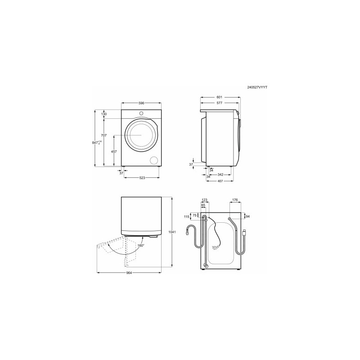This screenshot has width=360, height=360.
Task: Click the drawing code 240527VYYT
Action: (x=257, y=87)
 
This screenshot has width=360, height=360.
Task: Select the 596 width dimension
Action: (x=141, y=103)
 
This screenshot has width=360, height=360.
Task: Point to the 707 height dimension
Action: (x=104, y=135)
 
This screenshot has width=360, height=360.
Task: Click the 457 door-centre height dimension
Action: (x=114, y=152)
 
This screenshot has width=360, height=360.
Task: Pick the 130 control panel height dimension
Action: (x=104, y=114)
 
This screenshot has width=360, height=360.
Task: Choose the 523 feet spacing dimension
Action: (x=142, y=178)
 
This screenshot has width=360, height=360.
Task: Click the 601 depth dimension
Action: (x=220, y=97)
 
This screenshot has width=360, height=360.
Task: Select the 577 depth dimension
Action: (x=220, y=103)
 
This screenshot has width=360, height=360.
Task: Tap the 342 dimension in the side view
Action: (x=220, y=175)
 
